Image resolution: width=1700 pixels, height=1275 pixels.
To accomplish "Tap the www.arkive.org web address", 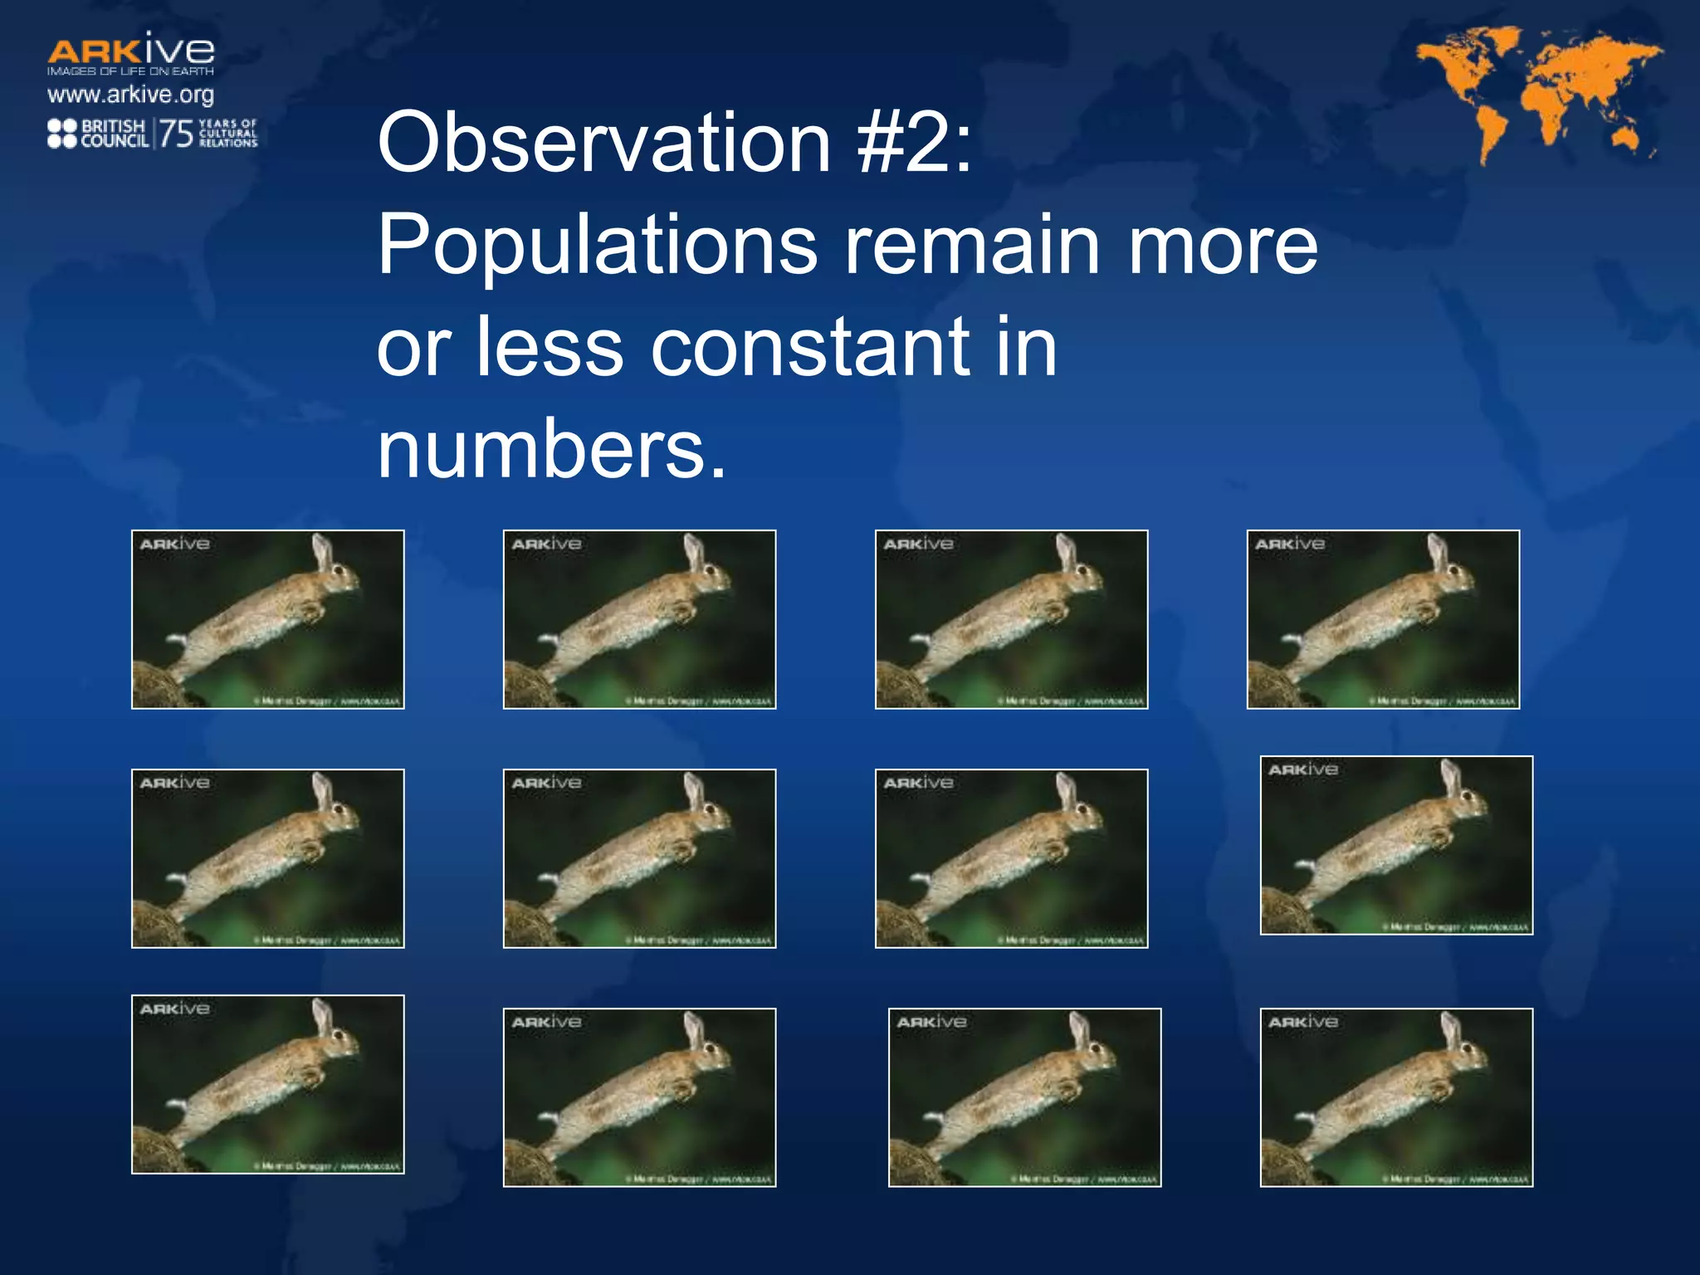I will click(130, 95).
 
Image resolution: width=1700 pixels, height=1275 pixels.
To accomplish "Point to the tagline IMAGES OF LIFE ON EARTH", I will click(130, 71).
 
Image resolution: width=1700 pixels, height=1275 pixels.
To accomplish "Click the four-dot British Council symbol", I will click(62, 134).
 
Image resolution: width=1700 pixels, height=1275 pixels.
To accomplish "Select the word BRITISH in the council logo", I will click(113, 126).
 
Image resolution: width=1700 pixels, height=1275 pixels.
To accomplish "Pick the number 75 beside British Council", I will click(176, 134).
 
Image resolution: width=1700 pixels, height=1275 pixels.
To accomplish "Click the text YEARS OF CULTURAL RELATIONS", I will click(228, 134).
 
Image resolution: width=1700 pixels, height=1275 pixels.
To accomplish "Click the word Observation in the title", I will click(603, 143).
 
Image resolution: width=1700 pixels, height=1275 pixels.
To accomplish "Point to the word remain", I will click(972, 246).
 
